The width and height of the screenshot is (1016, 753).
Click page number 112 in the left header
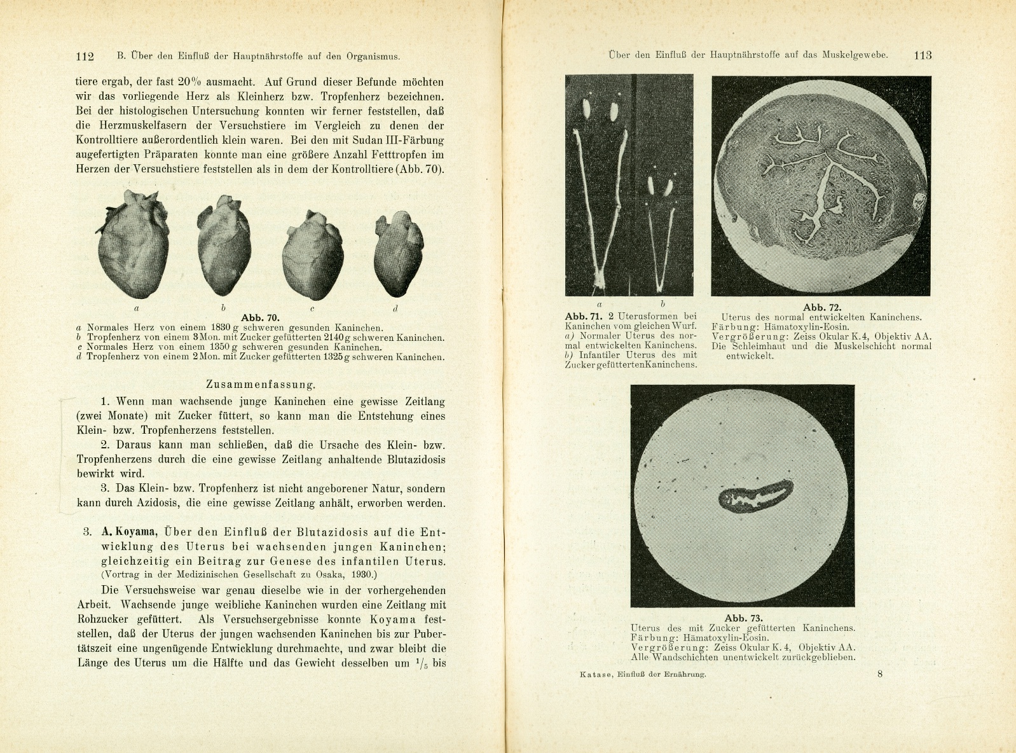pos(85,56)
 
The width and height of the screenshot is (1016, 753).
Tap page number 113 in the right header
pos(923,55)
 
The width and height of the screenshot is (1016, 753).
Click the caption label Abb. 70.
pos(260,317)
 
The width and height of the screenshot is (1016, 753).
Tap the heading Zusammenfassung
pos(261,384)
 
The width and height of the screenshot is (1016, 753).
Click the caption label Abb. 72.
pos(822,307)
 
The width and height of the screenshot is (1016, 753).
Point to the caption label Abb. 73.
pos(743,618)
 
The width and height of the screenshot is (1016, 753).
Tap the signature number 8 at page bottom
pos(880,674)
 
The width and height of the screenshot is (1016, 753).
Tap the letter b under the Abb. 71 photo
pos(662,304)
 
